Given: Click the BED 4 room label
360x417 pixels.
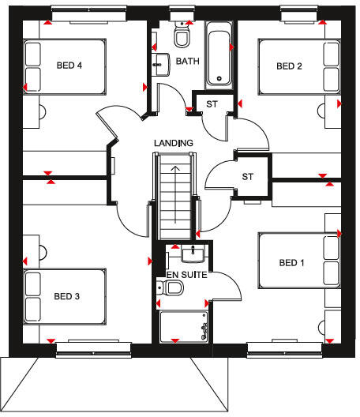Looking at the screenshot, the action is [x=69, y=65].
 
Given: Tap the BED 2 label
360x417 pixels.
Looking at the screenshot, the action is [x=289, y=66].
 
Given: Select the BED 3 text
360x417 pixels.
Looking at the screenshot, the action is [x=67, y=296].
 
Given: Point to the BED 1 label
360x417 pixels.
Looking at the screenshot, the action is [x=291, y=263].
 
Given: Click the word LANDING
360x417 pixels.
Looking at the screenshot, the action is [x=174, y=143].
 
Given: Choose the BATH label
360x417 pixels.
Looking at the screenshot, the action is [x=188, y=61].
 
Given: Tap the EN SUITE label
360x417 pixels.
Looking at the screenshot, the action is [x=186, y=275].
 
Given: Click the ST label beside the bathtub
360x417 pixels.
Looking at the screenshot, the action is [x=212, y=104].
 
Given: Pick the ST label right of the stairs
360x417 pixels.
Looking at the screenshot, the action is [x=248, y=177].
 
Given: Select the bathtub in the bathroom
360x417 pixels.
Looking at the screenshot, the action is [x=219, y=56].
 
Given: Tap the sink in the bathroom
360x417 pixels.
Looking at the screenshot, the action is [x=160, y=65].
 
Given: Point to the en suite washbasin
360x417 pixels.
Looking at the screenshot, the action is [x=193, y=254].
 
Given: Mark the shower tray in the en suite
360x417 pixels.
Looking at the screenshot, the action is [x=184, y=327].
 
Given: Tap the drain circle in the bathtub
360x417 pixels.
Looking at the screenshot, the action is [x=219, y=78].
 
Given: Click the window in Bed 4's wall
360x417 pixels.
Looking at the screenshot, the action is [x=88, y=13].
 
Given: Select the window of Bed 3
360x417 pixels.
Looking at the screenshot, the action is [x=94, y=350].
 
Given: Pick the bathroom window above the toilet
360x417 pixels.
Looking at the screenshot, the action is [x=182, y=13].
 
